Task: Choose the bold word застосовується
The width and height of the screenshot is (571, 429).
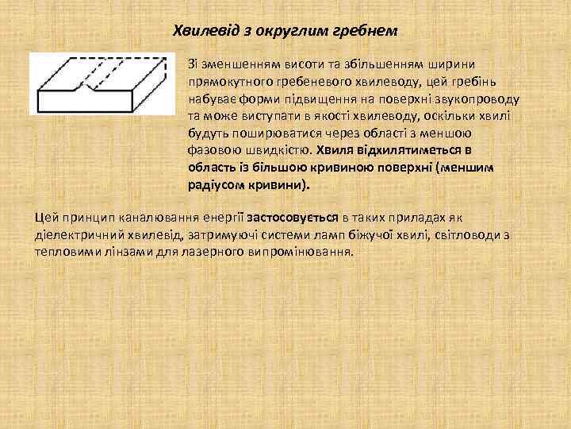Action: pos(293,217)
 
